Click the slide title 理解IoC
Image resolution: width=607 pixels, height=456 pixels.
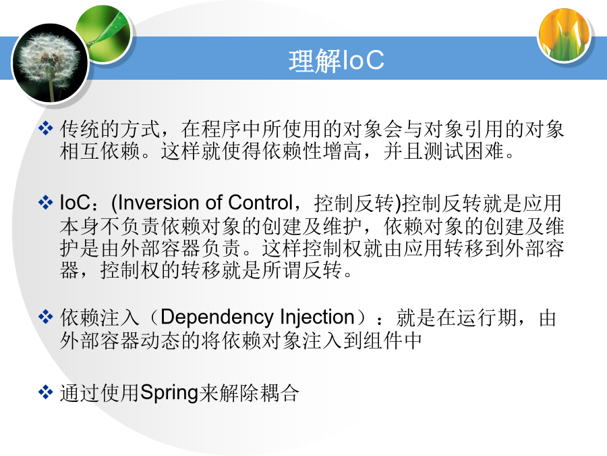(x=336, y=61)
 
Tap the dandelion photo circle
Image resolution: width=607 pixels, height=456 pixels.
(x=51, y=64)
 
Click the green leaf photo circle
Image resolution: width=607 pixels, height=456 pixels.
(x=104, y=34)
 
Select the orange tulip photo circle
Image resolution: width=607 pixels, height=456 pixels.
(x=564, y=36)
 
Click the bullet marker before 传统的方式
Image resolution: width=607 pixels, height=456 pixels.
(x=45, y=128)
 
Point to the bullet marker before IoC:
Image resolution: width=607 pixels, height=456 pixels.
(x=45, y=203)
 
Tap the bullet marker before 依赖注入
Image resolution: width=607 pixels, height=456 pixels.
(x=45, y=317)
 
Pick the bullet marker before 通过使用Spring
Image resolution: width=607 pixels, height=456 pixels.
(x=45, y=392)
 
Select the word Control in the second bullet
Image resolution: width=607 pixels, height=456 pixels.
(x=260, y=203)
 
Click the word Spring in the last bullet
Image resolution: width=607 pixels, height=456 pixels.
(x=169, y=393)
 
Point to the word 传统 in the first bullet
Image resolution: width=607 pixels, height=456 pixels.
(x=80, y=129)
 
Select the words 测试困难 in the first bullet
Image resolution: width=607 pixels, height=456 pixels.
(x=463, y=151)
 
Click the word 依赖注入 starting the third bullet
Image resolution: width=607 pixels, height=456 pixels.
(x=100, y=318)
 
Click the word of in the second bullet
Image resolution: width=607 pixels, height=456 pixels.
(x=214, y=203)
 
